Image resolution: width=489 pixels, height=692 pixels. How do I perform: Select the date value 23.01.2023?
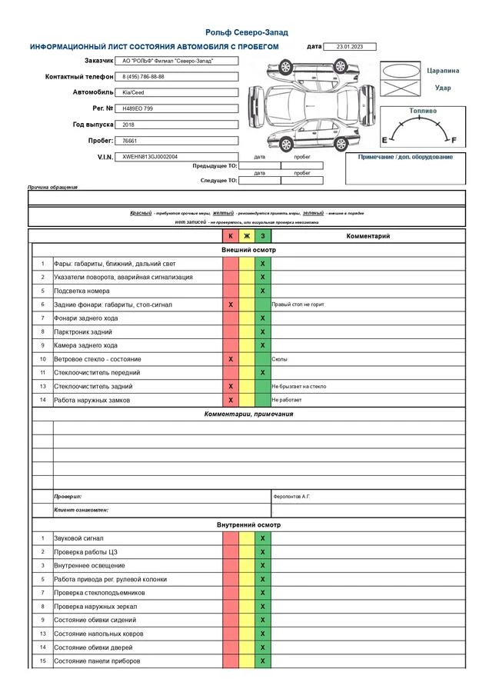pyautogui.click(x=350, y=47)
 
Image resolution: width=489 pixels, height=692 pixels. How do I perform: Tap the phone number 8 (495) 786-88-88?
pyautogui.click(x=144, y=77)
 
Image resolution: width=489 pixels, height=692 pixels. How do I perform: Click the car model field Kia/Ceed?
pyautogui.click(x=134, y=92)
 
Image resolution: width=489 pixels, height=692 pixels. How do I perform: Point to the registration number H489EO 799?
pyautogui.click(x=138, y=108)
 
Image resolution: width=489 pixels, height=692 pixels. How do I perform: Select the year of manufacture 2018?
pyautogui.click(x=128, y=124)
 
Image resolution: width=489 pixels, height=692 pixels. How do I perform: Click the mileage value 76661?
pyautogui.click(x=130, y=141)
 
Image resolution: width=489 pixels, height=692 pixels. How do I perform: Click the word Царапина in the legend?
pyautogui.click(x=444, y=71)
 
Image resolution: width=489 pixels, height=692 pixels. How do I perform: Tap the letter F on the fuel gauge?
pyautogui.click(x=454, y=140)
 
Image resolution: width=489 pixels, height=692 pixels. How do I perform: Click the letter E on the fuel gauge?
pyautogui.click(x=384, y=140)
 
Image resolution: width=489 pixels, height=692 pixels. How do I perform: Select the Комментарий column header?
pyautogui.click(x=368, y=236)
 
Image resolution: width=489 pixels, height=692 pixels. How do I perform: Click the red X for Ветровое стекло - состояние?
pyautogui.click(x=231, y=359)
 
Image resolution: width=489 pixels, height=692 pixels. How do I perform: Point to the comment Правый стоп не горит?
pyautogui.click(x=298, y=304)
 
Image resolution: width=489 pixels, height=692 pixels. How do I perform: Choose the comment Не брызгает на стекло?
pyautogui.click(x=299, y=386)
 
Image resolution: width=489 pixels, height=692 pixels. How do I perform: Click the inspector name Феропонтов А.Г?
pyautogui.click(x=292, y=497)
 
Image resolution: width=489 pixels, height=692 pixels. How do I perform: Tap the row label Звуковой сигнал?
pyautogui.click(x=78, y=538)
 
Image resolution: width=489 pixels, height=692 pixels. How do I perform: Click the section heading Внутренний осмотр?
pyautogui.click(x=248, y=524)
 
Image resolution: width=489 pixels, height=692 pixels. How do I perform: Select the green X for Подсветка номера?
pyautogui.click(x=263, y=291)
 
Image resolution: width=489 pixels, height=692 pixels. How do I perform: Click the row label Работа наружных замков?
pyautogui.click(x=92, y=400)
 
